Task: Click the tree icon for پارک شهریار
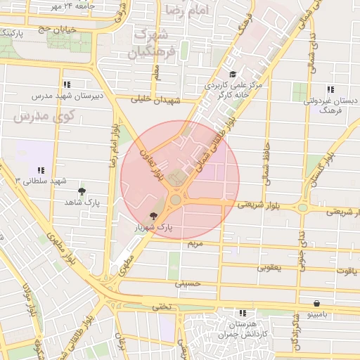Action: click(153, 217)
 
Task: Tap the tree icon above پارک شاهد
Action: click(82, 191)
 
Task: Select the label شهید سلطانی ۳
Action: click(41, 181)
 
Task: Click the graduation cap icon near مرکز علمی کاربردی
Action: click(233, 75)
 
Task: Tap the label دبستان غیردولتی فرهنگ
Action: click(330, 105)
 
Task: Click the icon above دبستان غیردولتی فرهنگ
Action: click(330, 89)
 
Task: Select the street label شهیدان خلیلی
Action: click(157, 100)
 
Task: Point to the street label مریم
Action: click(195, 243)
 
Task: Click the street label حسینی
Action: click(188, 283)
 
